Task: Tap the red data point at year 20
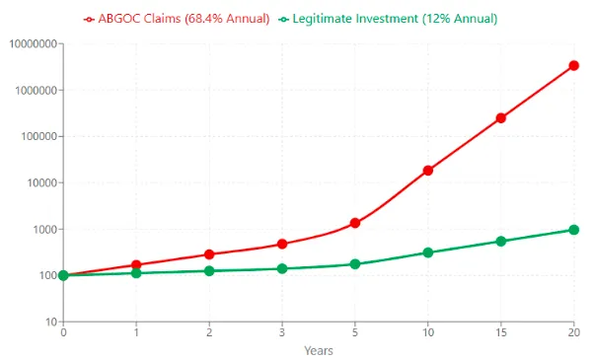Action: (573, 66)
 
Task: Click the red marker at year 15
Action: (500, 118)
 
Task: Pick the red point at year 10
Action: (427, 171)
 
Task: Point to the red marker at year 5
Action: (354, 223)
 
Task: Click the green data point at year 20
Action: (573, 230)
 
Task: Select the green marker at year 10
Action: (427, 252)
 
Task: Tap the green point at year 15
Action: (500, 242)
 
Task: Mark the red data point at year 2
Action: (209, 254)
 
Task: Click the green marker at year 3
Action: (282, 268)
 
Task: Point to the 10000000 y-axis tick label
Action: (31, 44)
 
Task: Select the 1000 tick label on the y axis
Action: (41, 230)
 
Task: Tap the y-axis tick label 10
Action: (47, 322)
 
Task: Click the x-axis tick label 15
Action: (500, 333)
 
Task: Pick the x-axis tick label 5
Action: (354, 333)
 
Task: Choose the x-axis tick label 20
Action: (573, 333)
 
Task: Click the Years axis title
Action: (318, 350)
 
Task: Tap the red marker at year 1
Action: (136, 265)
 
